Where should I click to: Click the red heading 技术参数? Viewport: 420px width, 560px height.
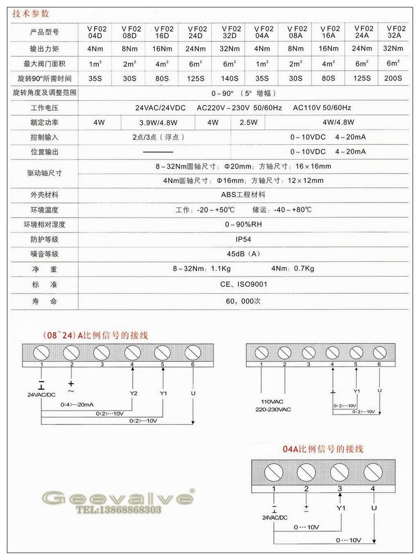(31, 14)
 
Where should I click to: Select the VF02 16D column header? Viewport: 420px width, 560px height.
(164, 33)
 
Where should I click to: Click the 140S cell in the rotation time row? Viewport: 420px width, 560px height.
(231, 79)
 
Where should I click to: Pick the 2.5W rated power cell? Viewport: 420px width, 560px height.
(248, 123)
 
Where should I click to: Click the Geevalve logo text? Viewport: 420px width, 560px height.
(118, 497)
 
